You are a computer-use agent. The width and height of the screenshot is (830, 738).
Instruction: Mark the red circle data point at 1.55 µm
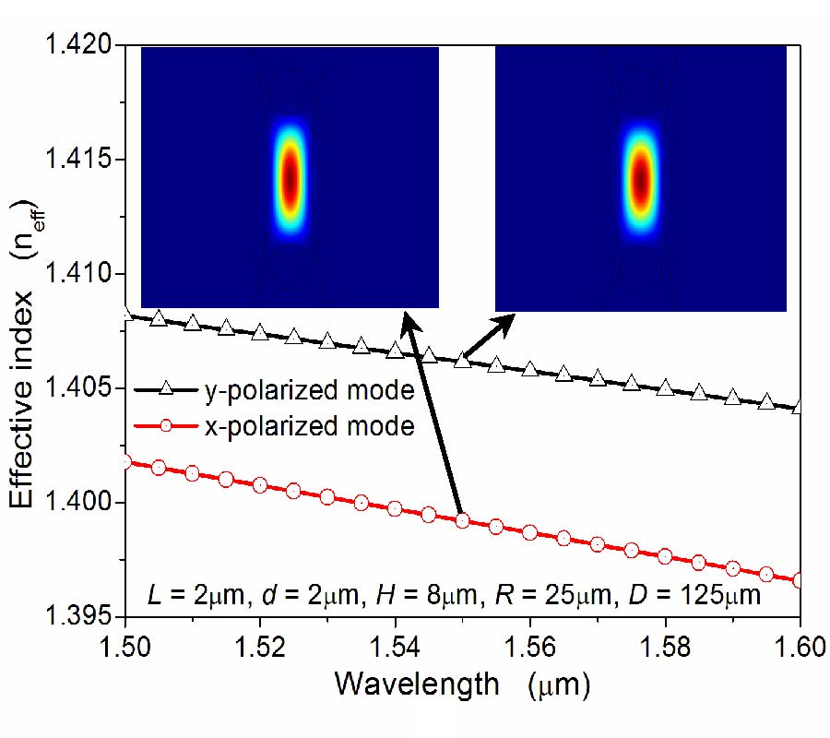[463, 520]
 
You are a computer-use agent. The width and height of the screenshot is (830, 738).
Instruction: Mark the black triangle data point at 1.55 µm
[463, 360]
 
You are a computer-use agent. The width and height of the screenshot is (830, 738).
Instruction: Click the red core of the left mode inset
[290, 176]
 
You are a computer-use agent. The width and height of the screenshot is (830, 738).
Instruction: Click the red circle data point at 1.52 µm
[260, 484]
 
